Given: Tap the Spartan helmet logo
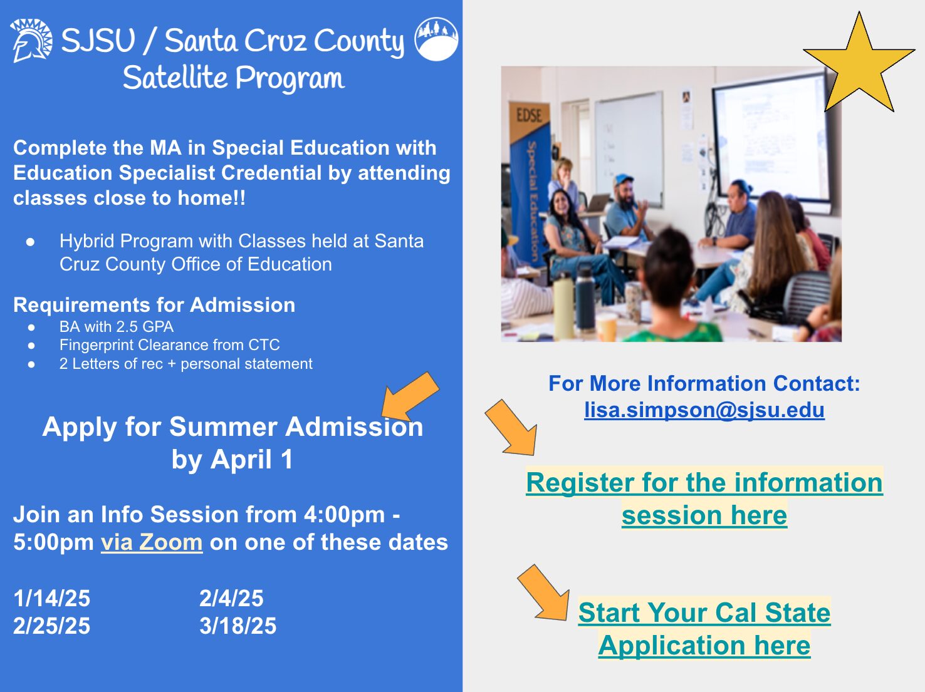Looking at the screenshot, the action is pyautogui.click(x=31, y=41).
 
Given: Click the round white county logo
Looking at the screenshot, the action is pyautogui.click(x=436, y=39).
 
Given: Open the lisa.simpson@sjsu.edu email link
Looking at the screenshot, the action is pyautogui.click(x=704, y=410).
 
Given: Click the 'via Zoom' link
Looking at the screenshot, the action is pyautogui.click(x=152, y=542).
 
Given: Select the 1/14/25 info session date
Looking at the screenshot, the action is pyautogui.click(x=52, y=598).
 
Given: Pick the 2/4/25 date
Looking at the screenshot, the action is pyautogui.click(x=231, y=598).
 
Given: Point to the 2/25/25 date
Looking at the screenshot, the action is pyautogui.click(x=52, y=626).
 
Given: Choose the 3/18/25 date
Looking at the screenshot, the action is pyautogui.click(x=238, y=626).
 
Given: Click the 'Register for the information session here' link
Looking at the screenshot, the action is pyautogui.click(x=704, y=498).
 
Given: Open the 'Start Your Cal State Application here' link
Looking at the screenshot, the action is pyautogui.click(x=704, y=628).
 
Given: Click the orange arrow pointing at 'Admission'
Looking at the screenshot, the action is pyautogui.click(x=410, y=396).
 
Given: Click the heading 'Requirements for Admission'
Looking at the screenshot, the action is pyautogui.click(x=154, y=305).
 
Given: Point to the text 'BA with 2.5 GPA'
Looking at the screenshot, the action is pyautogui.click(x=117, y=327).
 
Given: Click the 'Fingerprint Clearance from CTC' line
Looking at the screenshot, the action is pyautogui.click(x=169, y=345).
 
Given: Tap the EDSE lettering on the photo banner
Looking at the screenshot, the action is pyautogui.click(x=530, y=115).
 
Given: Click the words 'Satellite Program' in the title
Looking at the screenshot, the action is pyautogui.click(x=234, y=78).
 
